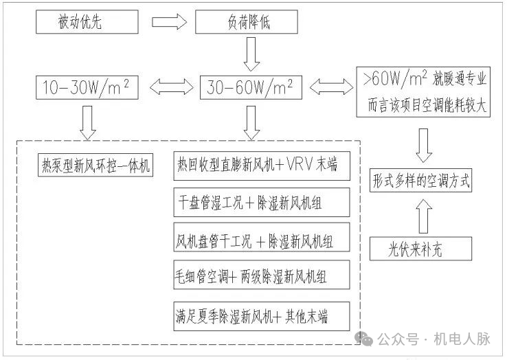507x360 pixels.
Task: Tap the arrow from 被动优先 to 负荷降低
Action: (x=168, y=22)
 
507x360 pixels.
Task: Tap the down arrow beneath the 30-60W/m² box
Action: (x=251, y=120)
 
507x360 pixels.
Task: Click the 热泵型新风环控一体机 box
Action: (x=95, y=166)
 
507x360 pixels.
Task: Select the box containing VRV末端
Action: (x=261, y=166)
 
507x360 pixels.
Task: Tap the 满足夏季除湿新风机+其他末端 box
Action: (x=261, y=316)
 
